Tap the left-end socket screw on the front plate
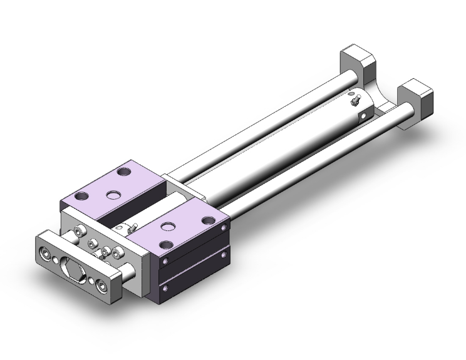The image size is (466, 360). [46, 254]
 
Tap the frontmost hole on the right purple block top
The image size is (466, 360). [166, 245]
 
